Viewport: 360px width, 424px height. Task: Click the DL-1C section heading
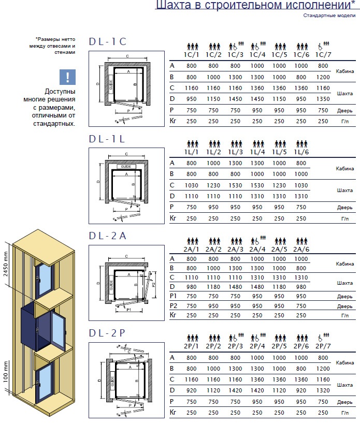(107, 42)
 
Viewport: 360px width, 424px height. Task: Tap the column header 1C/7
(323, 54)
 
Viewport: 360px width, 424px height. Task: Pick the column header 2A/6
(301, 248)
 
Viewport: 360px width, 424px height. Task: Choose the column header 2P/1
(192, 345)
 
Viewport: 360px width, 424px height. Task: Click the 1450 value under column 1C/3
(236, 99)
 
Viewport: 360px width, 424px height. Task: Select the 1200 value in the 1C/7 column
(323, 77)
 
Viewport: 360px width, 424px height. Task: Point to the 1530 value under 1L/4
(257, 185)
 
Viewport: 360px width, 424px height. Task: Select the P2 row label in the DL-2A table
(174, 305)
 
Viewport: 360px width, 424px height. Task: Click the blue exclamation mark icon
(67, 77)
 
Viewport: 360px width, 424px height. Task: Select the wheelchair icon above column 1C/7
(323, 46)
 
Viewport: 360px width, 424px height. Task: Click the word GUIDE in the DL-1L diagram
(124, 167)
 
